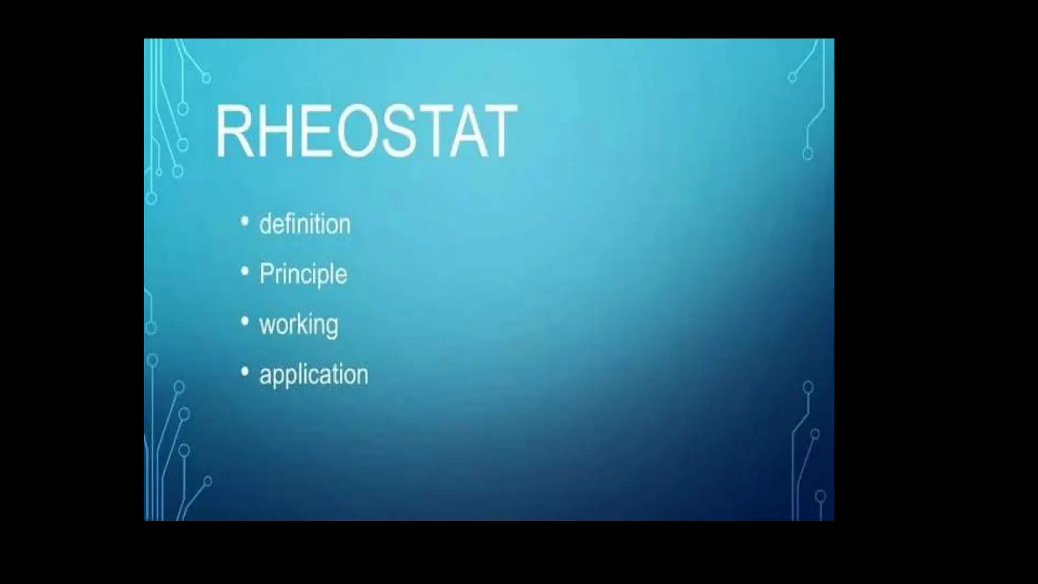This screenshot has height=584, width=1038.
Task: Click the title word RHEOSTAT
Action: [x=366, y=131]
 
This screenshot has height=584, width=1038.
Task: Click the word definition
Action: [x=305, y=224]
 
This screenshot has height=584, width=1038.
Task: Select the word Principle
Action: [x=303, y=274]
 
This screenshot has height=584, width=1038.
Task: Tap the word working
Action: [x=299, y=324]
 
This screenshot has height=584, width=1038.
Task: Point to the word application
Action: [x=314, y=375]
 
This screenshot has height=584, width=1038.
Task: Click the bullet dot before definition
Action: [x=245, y=222]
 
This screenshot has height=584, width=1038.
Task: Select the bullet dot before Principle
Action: [x=245, y=272]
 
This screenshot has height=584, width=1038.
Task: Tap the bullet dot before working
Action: [x=245, y=321]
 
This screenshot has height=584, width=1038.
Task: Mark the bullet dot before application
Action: [x=245, y=372]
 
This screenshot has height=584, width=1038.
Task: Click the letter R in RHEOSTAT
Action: [x=234, y=131]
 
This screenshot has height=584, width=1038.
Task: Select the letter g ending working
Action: [x=331, y=327]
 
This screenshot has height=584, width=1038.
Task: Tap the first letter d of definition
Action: [x=266, y=224]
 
